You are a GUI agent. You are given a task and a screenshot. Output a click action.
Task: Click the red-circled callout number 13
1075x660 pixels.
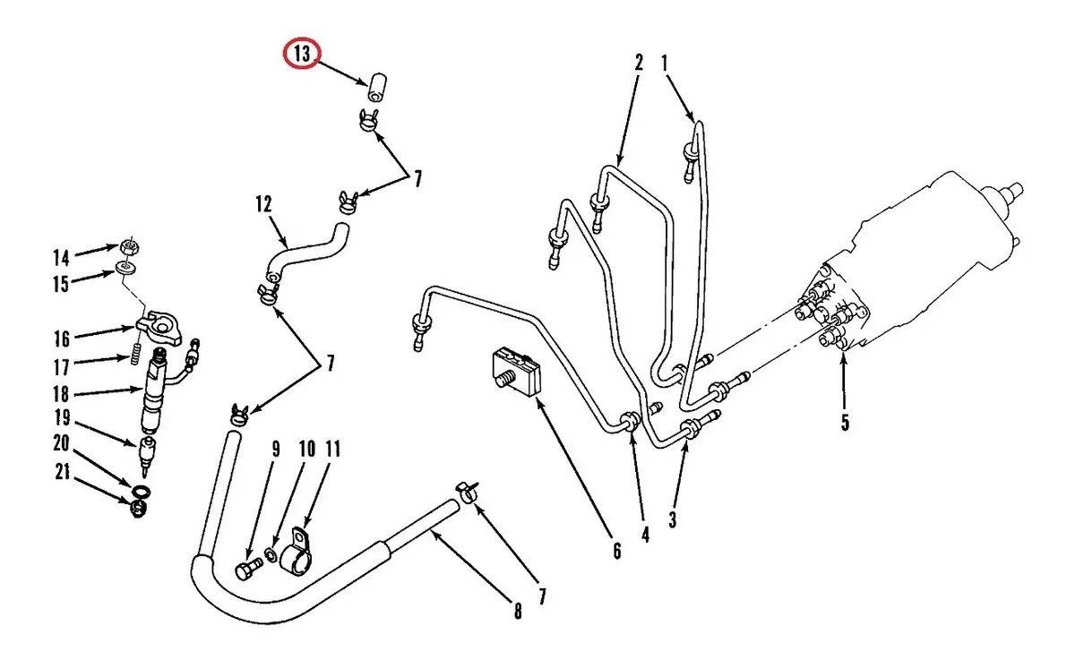303,55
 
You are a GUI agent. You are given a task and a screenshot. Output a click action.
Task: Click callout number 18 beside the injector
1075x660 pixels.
61,393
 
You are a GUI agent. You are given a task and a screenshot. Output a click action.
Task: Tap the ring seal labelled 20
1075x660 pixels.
140,491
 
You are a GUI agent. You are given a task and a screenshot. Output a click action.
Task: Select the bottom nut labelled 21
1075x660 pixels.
138,510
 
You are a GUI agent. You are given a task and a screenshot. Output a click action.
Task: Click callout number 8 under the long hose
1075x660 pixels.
517,613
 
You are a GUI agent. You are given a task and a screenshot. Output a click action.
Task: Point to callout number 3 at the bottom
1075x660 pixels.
672,519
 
